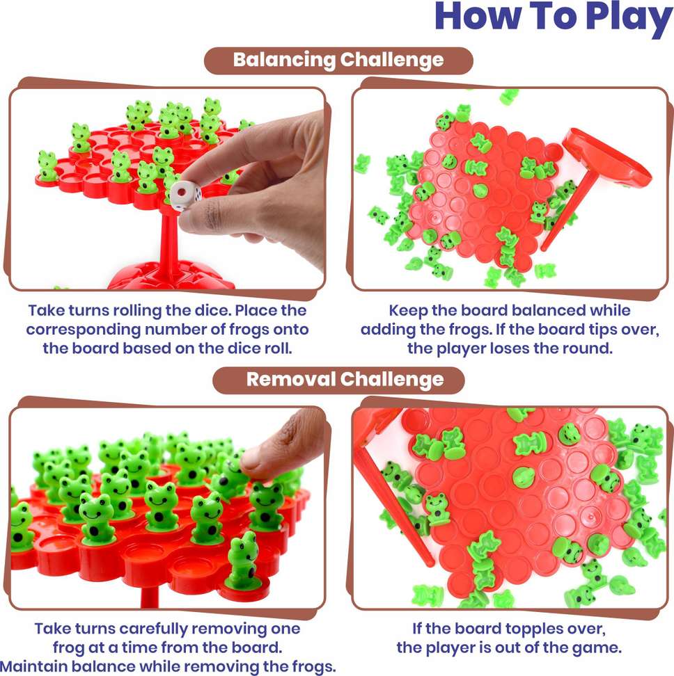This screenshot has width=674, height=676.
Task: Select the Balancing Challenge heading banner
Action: point(338,60)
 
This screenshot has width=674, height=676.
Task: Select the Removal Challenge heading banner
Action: point(338,379)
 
